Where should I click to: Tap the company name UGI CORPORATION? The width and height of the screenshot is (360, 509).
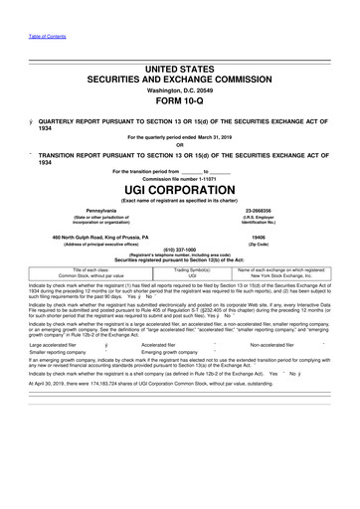pos(179,188)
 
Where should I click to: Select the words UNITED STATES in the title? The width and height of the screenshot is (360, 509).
pos(179,70)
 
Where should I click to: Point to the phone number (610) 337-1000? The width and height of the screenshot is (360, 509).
pos(179,250)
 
